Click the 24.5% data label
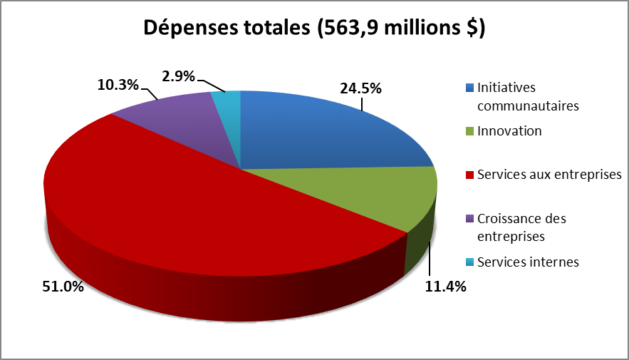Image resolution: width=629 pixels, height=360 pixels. [360, 89]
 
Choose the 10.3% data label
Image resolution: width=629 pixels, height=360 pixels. [117, 84]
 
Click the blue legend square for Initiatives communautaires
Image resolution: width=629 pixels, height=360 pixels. [469, 88]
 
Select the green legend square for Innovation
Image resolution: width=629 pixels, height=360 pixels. [469, 131]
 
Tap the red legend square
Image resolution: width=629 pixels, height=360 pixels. [469, 175]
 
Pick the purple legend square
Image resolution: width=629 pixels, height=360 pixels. [469, 218]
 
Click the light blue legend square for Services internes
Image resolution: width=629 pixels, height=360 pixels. [469, 262]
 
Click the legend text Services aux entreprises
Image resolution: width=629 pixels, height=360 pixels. [550, 175]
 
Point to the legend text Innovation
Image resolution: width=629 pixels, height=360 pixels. [509, 131]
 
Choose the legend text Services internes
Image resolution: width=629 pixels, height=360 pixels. [528, 262]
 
